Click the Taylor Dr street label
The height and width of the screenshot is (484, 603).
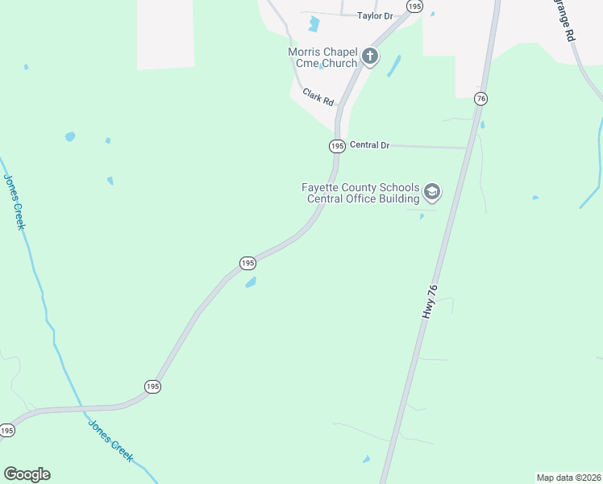coord(374,15)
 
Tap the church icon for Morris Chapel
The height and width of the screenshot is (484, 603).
coord(370,56)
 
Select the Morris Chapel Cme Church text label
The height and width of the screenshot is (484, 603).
coord(322,57)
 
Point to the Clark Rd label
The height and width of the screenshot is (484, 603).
coord(318,98)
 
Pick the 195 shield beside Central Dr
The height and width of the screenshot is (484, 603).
coord(337,146)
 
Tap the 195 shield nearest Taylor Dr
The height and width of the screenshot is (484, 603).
coord(414,6)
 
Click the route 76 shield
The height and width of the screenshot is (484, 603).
coord(480,98)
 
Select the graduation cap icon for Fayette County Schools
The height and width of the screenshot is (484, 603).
coord(432,192)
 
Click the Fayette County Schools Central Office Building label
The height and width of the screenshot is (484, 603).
coord(360,193)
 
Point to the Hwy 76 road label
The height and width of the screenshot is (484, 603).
coord(431,301)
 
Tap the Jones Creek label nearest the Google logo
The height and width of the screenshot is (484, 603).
coord(110,440)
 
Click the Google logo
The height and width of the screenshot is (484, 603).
coord(27,474)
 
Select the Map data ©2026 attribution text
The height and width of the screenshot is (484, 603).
coord(568,478)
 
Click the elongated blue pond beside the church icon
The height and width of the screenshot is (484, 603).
coord(394,66)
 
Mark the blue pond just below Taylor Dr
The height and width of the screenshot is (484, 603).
coord(314,25)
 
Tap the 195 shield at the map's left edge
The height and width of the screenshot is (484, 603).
coord(6,431)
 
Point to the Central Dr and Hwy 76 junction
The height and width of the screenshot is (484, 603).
coord(468,148)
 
